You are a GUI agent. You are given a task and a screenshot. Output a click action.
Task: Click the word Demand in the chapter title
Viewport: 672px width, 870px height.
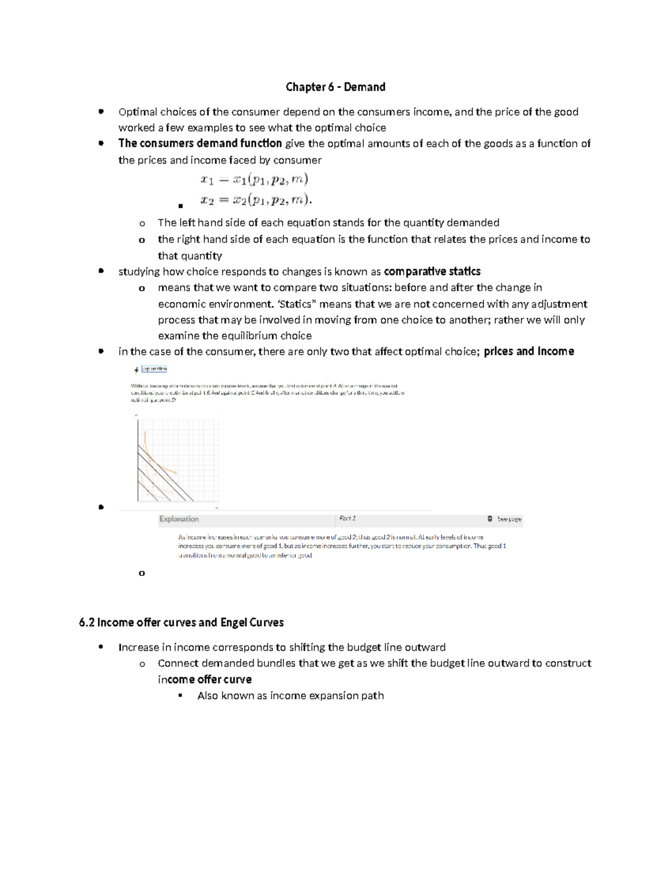(x=365, y=87)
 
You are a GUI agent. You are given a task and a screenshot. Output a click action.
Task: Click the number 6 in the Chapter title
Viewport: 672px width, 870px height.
(x=331, y=87)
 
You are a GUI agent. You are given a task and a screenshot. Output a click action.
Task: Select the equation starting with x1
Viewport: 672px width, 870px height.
(x=254, y=180)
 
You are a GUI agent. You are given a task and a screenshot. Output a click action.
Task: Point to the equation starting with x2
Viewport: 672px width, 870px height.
(x=256, y=199)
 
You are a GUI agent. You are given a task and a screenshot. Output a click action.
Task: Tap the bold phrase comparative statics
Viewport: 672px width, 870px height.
(x=432, y=272)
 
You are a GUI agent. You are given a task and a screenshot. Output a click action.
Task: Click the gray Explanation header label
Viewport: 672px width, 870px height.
(x=179, y=519)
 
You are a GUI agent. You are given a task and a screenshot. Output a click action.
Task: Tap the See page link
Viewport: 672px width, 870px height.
(x=509, y=519)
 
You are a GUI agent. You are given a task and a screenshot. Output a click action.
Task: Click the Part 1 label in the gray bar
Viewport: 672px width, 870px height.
(x=347, y=518)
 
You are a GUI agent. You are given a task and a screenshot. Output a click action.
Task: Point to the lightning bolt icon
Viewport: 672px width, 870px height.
(x=136, y=370)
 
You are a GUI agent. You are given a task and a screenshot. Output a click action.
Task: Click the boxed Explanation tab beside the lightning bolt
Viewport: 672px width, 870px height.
(x=154, y=369)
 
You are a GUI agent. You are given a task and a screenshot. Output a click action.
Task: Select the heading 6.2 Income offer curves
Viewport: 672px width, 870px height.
(x=181, y=622)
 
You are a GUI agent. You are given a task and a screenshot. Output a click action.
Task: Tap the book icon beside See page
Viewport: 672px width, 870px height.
(x=490, y=519)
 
